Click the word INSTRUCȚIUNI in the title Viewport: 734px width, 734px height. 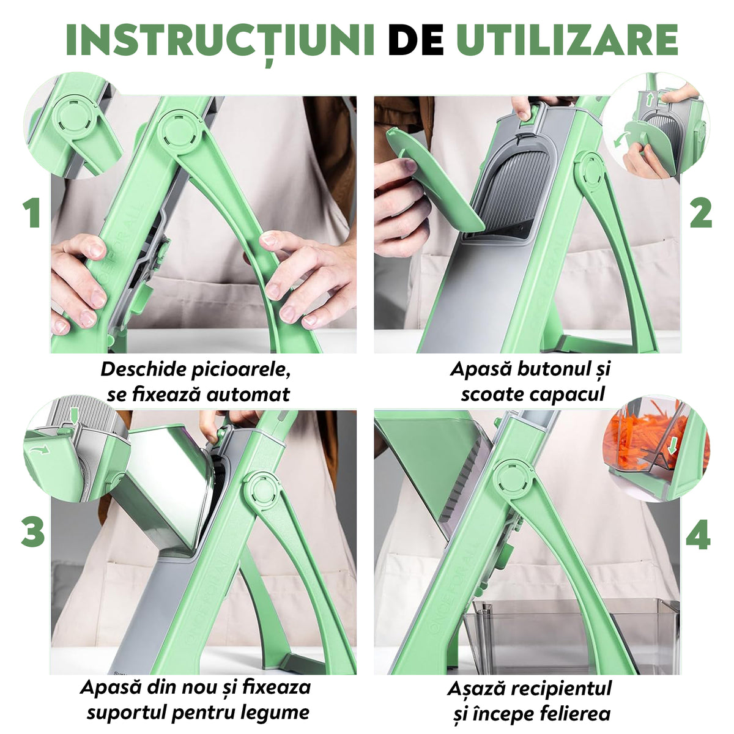[220, 41]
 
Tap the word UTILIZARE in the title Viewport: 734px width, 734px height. [568, 40]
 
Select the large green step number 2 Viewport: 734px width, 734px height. [701, 213]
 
